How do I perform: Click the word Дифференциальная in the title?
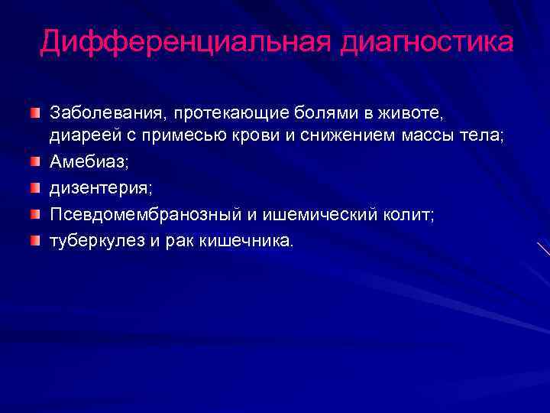[x=183, y=42]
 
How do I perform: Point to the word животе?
[x=409, y=113]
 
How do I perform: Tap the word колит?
[x=408, y=215]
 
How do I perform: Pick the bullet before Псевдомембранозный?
[x=35, y=216]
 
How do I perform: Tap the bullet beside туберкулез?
[x=35, y=242]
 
